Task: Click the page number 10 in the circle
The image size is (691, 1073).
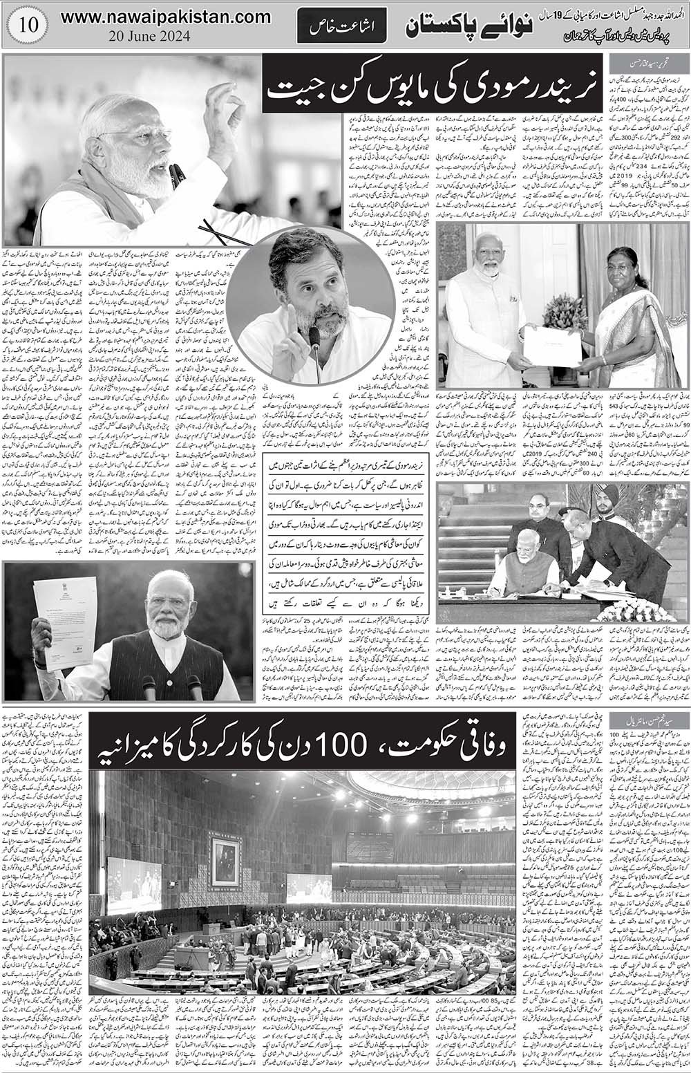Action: (24, 25)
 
